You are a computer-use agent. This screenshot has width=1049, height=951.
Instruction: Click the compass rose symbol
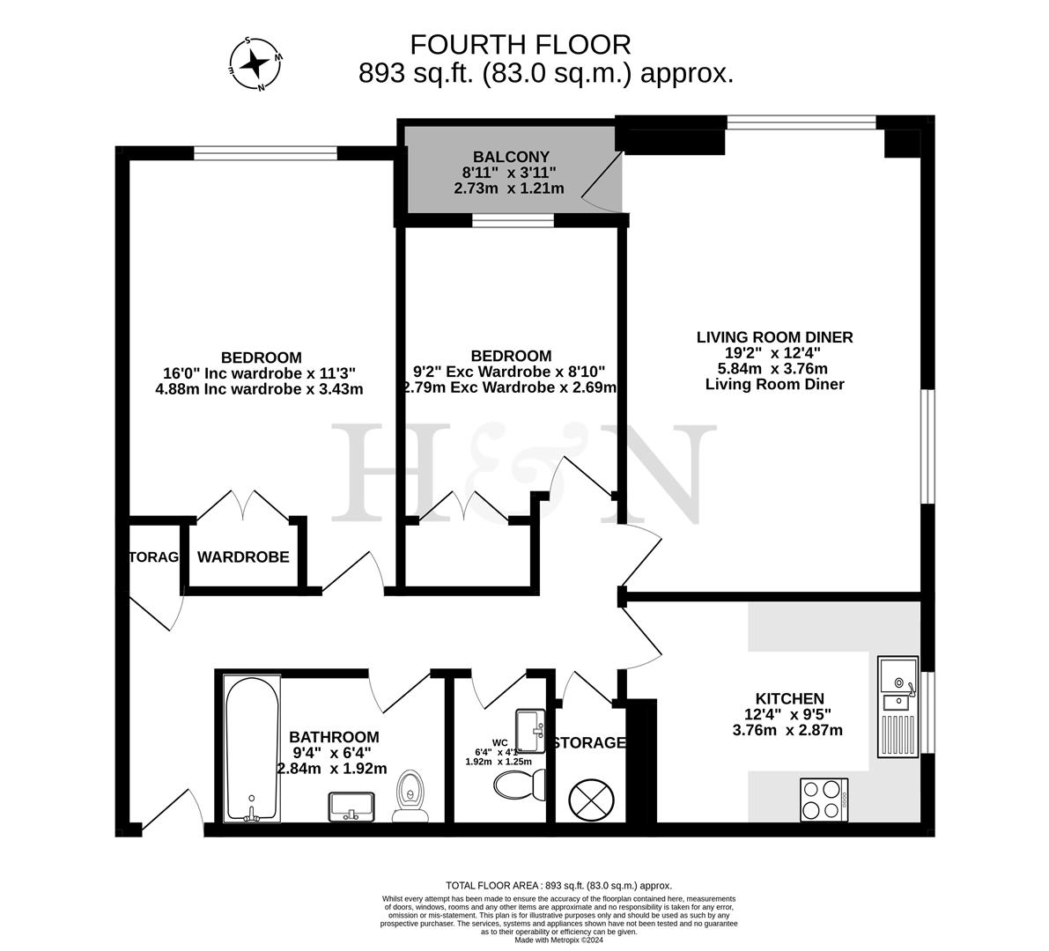pyautogui.click(x=255, y=63)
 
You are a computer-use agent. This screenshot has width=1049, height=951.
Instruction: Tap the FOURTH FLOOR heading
pyautogui.click(x=521, y=44)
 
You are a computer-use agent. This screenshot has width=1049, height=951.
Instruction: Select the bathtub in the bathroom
pyautogui.click(x=252, y=748)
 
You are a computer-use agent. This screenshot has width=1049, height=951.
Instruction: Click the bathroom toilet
pyautogui.click(x=410, y=796)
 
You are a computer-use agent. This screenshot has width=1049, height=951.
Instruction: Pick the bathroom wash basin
pyautogui.click(x=351, y=806)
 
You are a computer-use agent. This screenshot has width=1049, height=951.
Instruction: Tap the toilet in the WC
pyautogui.click(x=520, y=782)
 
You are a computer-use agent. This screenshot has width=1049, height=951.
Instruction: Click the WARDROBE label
pyautogui.click(x=243, y=557)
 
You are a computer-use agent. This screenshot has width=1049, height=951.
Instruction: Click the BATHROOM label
pyautogui.click(x=334, y=736)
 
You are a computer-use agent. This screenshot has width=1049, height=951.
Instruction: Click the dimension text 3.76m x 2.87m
pyautogui.click(x=787, y=729)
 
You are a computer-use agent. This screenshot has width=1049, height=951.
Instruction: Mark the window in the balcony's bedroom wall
pyautogui.click(x=513, y=220)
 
